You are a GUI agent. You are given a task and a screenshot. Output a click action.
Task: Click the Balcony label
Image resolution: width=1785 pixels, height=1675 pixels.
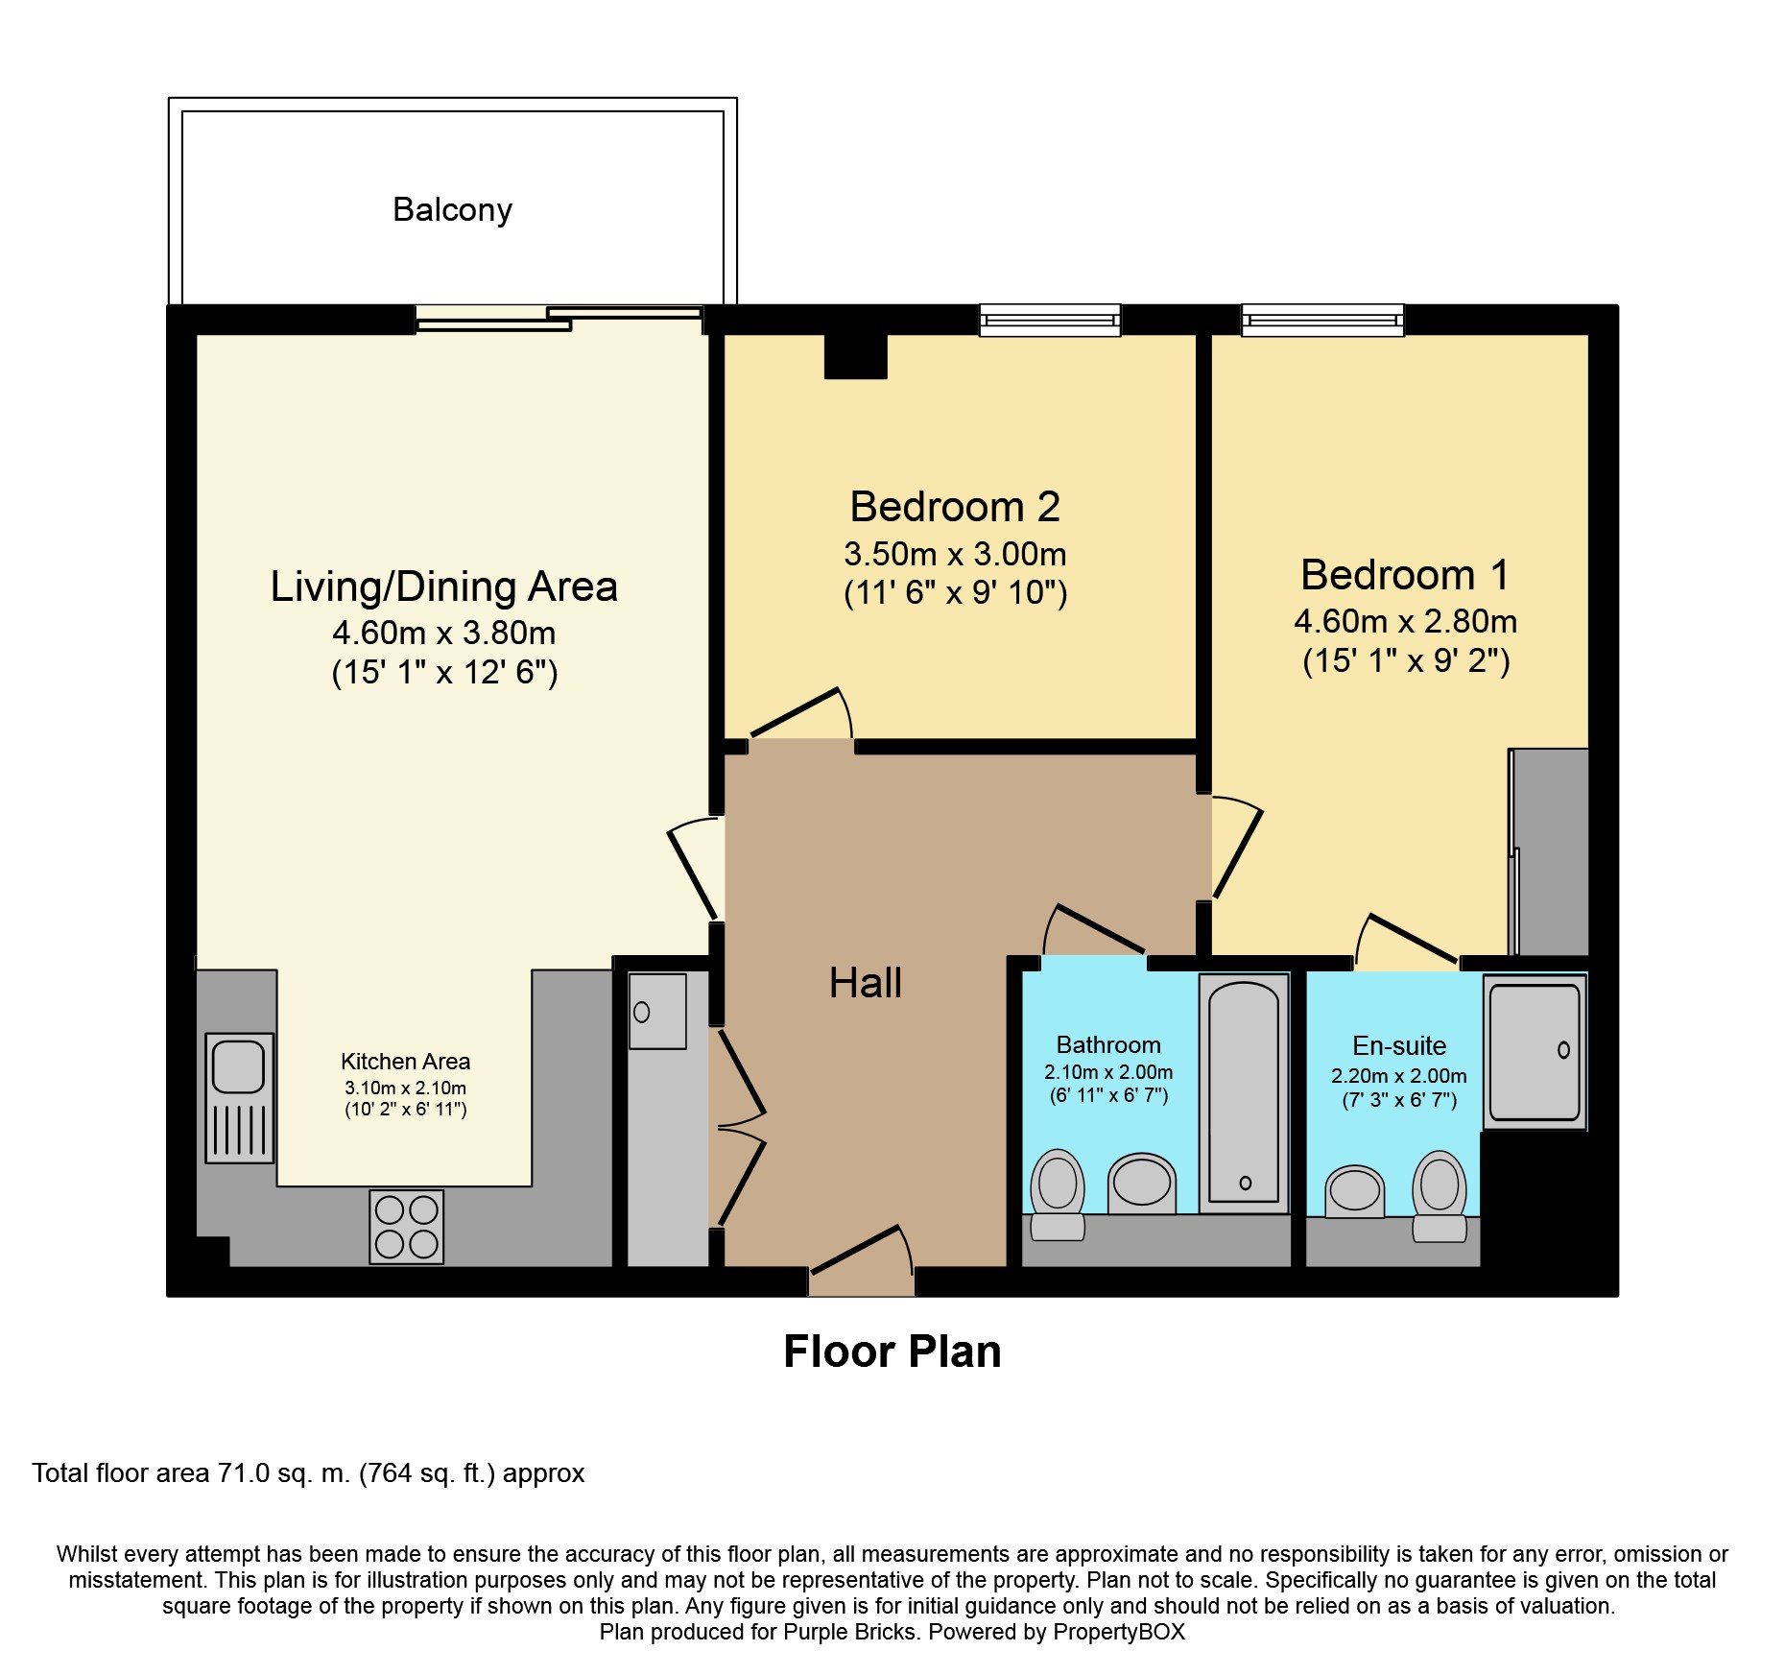coord(452,209)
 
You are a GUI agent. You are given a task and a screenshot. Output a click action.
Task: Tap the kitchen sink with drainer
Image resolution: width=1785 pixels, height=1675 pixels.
coord(239,1098)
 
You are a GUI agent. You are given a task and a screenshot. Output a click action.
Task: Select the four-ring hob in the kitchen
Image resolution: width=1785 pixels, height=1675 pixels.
coord(407,1227)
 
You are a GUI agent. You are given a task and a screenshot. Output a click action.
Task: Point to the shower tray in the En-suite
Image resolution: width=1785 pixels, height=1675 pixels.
coord(1535,1052)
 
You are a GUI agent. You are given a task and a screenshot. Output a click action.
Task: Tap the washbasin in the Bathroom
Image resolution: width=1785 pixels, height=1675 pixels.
coord(1142,1184)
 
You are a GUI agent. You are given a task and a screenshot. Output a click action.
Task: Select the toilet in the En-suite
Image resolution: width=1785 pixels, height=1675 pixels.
coord(1440,1197)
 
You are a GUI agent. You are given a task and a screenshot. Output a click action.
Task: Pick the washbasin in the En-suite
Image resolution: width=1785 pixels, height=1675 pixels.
coord(1355,1191)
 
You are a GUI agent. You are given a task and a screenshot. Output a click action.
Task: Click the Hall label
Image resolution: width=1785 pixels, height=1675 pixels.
coord(866,983)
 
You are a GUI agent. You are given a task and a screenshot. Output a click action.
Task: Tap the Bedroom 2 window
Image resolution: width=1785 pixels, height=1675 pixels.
coord(1050,320)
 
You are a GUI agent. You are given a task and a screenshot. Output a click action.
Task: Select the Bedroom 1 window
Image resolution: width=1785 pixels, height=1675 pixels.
coord(1322,320)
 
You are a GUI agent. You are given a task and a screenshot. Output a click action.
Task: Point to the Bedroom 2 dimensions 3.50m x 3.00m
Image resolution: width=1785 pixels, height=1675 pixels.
coord(955,554)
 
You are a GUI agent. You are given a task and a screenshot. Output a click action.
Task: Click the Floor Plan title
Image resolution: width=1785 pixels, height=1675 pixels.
coord(892,1352)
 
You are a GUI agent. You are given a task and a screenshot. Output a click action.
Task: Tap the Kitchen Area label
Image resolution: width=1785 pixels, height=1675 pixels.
coord(405,1062)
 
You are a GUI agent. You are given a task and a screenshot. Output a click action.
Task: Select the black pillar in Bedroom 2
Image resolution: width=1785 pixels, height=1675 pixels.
coord(856,356)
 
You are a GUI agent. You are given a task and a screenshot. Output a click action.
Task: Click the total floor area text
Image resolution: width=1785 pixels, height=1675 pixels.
coord(308,1473)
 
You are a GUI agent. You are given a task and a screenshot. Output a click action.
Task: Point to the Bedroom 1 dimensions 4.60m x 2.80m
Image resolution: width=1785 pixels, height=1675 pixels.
coord(1406,621)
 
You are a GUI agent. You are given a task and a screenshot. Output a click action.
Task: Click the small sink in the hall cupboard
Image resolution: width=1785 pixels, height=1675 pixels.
coord(657,1011)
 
